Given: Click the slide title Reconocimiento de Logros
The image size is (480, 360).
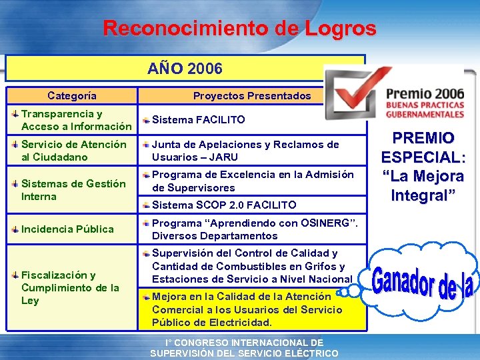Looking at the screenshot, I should pos(239,29).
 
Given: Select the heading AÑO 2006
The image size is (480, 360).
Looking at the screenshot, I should pos(185,69).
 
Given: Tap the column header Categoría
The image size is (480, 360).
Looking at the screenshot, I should pos(72,95).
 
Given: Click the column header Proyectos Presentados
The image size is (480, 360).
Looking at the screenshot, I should pos(251,95).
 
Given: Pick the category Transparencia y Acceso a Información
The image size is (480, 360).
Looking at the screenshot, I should pos(75,120).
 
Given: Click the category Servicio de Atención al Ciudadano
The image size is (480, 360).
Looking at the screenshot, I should pos(73,151).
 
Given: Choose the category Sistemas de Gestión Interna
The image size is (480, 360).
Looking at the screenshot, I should pos(73,190).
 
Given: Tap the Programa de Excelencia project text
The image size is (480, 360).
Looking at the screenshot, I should pos(252,181).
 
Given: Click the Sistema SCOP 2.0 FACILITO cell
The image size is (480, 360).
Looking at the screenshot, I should pos(224,205).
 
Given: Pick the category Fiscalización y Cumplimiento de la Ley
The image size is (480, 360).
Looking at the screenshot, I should pos(70,287).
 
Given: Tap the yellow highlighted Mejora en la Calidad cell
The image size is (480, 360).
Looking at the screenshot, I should pos(247,309).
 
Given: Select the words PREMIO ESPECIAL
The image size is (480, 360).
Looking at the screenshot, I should pos(423,148).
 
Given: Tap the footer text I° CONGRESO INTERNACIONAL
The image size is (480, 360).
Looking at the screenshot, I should pos(244,343).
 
